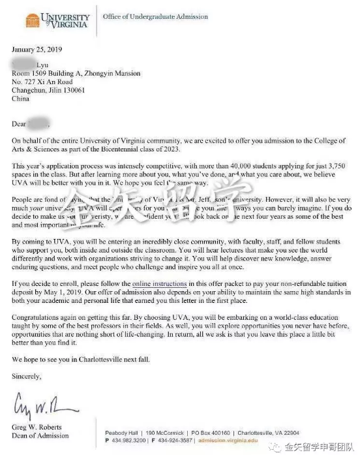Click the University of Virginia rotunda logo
[32, 20]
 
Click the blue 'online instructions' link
[159, 284]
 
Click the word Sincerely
[27, 376]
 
